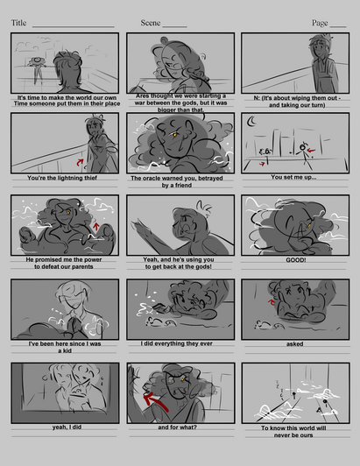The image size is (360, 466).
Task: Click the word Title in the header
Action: [18, 23]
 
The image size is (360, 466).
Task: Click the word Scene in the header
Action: [151, 23]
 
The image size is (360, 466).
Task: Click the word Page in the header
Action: [320, 23]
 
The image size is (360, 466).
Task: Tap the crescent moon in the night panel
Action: [251, 120]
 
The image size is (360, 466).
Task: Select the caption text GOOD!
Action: [296, 260]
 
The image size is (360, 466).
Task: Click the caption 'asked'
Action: [294, 344]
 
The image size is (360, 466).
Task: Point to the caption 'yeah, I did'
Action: [67, 427]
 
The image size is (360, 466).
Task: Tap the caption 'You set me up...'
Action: [293, 177]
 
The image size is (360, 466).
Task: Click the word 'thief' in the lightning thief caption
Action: [89, 178]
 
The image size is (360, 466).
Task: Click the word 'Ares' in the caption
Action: [143, 96]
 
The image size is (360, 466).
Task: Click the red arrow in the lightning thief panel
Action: [80, 162]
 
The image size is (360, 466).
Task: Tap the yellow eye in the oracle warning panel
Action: [174, 135]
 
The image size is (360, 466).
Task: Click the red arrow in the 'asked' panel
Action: [272, 302]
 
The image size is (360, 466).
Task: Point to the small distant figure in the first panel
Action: [38, 70]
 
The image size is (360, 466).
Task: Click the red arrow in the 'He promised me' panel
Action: [95, 227]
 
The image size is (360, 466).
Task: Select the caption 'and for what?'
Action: [178, 427]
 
